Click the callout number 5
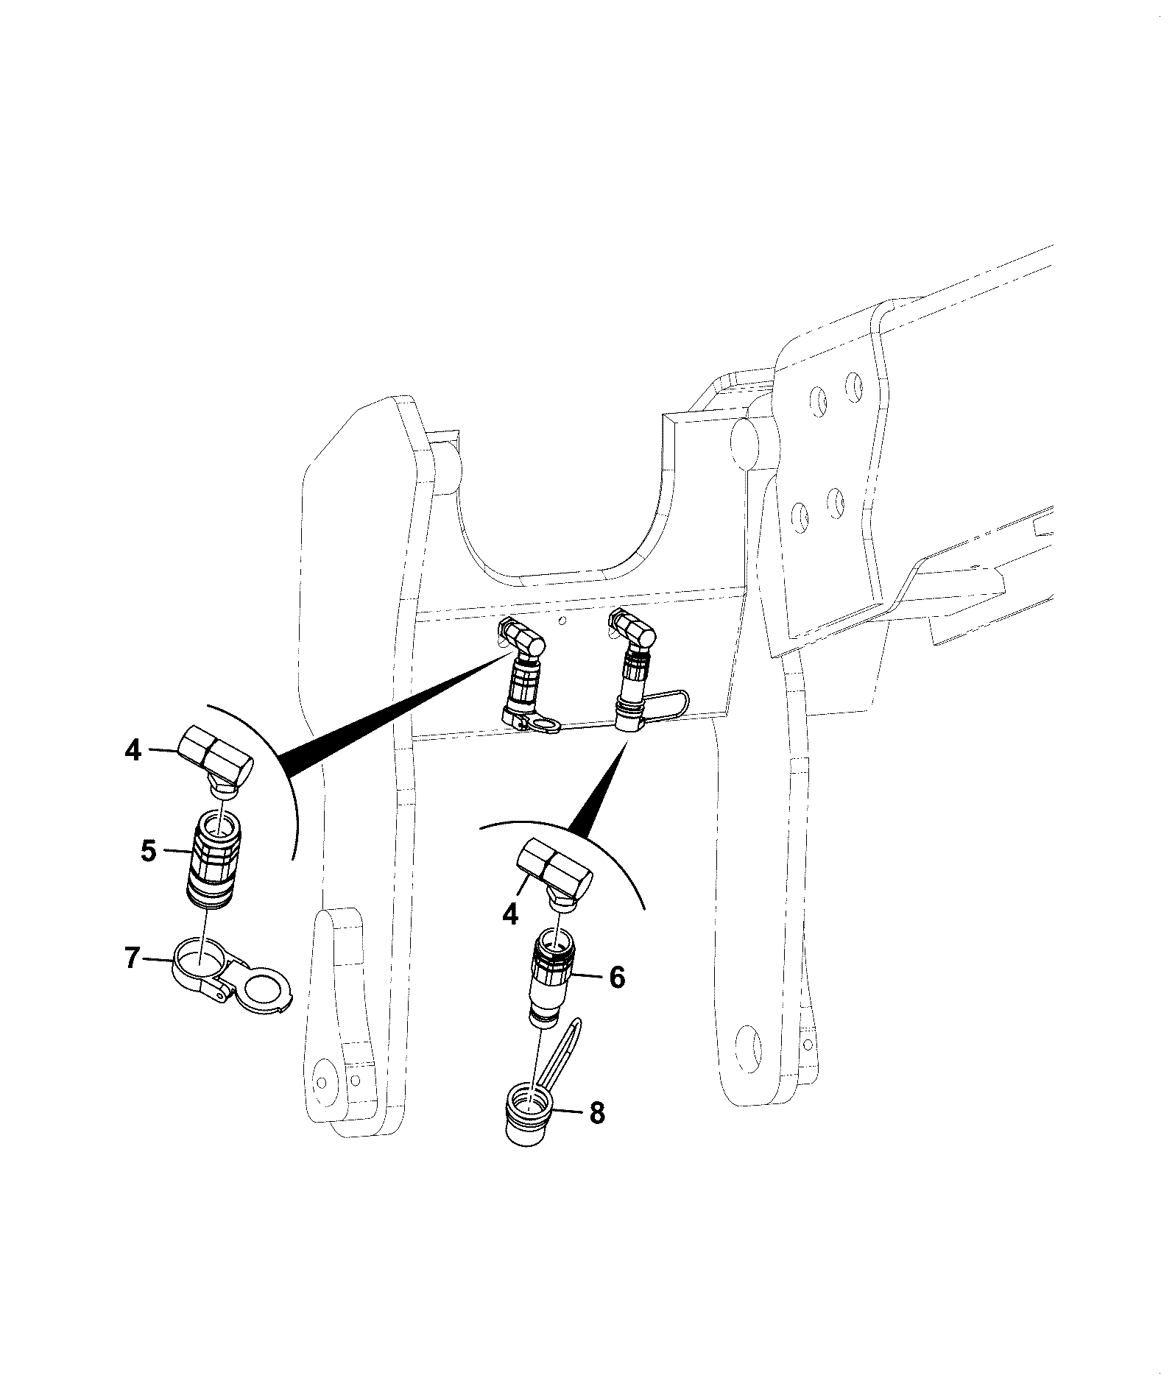149,852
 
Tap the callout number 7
133,959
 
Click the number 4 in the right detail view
510,914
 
